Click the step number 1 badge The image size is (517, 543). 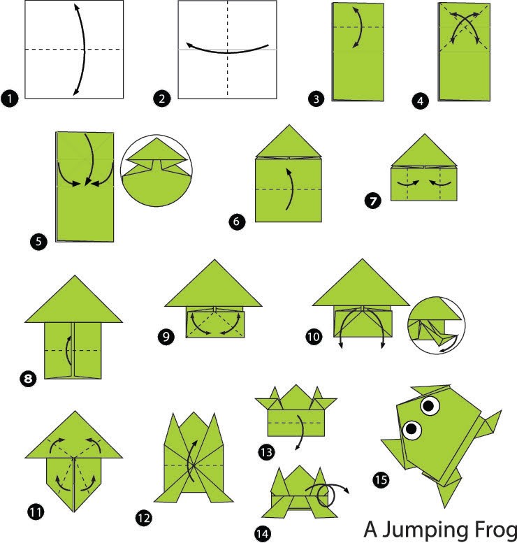tap(9, 99)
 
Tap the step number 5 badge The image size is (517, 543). tap(38, 241)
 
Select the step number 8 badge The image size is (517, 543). tap(29, 379)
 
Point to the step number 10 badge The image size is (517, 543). tap(314, 337)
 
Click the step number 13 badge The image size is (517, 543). tap(266, 452)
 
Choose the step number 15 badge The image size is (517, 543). tap(381, 480)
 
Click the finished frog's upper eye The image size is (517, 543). tap(430, 405)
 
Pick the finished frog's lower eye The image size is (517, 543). tap(412, 430)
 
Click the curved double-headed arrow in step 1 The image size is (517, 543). tap(84, 49)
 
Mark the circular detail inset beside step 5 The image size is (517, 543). tap(156, 171)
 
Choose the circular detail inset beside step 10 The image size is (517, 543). tap(437, 325)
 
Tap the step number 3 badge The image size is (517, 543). tap(316, 99)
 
